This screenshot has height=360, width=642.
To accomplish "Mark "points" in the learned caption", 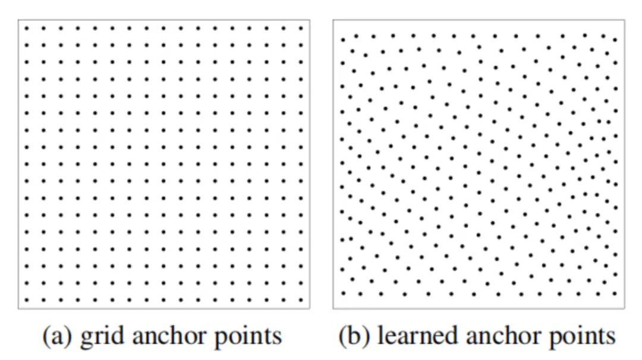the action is tap(580, 337).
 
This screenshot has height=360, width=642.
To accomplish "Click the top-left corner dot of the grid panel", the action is tap(26, 27).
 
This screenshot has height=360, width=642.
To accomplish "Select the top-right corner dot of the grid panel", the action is tap(301, 27).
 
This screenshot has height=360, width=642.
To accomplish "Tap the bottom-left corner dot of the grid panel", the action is tap(26, 301).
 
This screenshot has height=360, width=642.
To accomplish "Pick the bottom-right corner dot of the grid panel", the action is tap(301, 301).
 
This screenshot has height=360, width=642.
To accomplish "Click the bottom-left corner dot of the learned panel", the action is tap(343, 293).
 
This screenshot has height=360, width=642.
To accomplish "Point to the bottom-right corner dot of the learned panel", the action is tap(615, 293).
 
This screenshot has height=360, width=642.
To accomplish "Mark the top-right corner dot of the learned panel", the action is tap(615, 40).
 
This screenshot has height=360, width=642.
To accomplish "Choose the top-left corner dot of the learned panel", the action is tap(342, 40).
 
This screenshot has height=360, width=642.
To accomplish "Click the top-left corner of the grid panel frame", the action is tap(18, 20).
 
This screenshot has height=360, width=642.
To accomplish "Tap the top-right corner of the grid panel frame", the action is tap(310, 20).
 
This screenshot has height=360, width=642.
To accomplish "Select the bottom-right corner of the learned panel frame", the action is tap(625, 308).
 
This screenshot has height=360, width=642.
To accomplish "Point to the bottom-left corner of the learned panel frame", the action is tap(333, 308).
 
